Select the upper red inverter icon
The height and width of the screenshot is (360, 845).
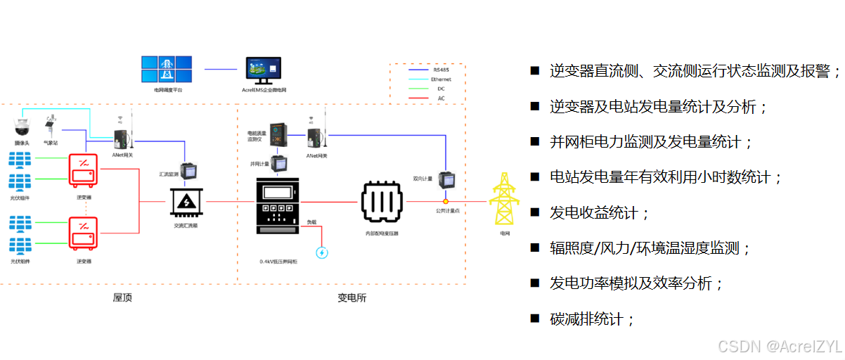(84, 169)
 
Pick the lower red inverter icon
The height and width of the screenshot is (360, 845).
(84, 233)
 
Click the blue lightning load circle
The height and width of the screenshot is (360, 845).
(322, 252)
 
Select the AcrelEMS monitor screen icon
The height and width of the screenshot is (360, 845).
(263, 70)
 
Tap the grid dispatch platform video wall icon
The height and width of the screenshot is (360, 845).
(168, 70)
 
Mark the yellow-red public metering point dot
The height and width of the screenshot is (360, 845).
(446, 202)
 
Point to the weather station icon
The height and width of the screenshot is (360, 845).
(51, 126)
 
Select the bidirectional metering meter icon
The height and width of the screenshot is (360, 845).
(446, 180)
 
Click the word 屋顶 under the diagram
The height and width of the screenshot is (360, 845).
(122, 297)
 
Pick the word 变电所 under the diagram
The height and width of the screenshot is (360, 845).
(351, 297)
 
